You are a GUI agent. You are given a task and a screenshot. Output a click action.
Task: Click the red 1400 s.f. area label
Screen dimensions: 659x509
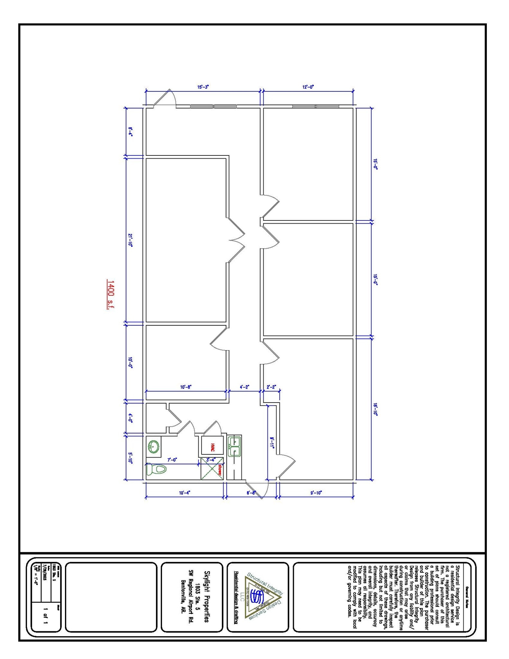(x=110, y=294)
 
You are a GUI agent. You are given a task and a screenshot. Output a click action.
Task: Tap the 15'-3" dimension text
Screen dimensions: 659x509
(x=203, y=87)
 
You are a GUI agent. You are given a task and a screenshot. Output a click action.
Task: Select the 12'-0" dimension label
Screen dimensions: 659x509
(x=308, y=87)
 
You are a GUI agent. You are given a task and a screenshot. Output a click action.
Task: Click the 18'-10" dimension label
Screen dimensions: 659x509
(x=375, y=409)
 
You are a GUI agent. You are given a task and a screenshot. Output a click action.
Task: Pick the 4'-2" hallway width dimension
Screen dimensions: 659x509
(x=244, y=387)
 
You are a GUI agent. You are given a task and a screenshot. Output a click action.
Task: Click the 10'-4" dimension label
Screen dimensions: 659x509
(x=185, y=493)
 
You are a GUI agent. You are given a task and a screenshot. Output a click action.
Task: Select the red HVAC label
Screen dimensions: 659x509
(x=213, y=447)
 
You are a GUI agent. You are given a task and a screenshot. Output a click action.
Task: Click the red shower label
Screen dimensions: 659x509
(x=220, y=470)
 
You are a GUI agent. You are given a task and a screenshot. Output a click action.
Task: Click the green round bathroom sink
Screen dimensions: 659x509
(x=153, y=446)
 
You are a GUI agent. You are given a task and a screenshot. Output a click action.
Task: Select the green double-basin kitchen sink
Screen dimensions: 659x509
(x=234, y=446)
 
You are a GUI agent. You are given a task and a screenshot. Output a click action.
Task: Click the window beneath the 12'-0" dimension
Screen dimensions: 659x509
(x=315, y=106)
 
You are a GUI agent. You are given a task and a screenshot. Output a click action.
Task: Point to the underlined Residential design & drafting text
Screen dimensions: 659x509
(x=236, y=598)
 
